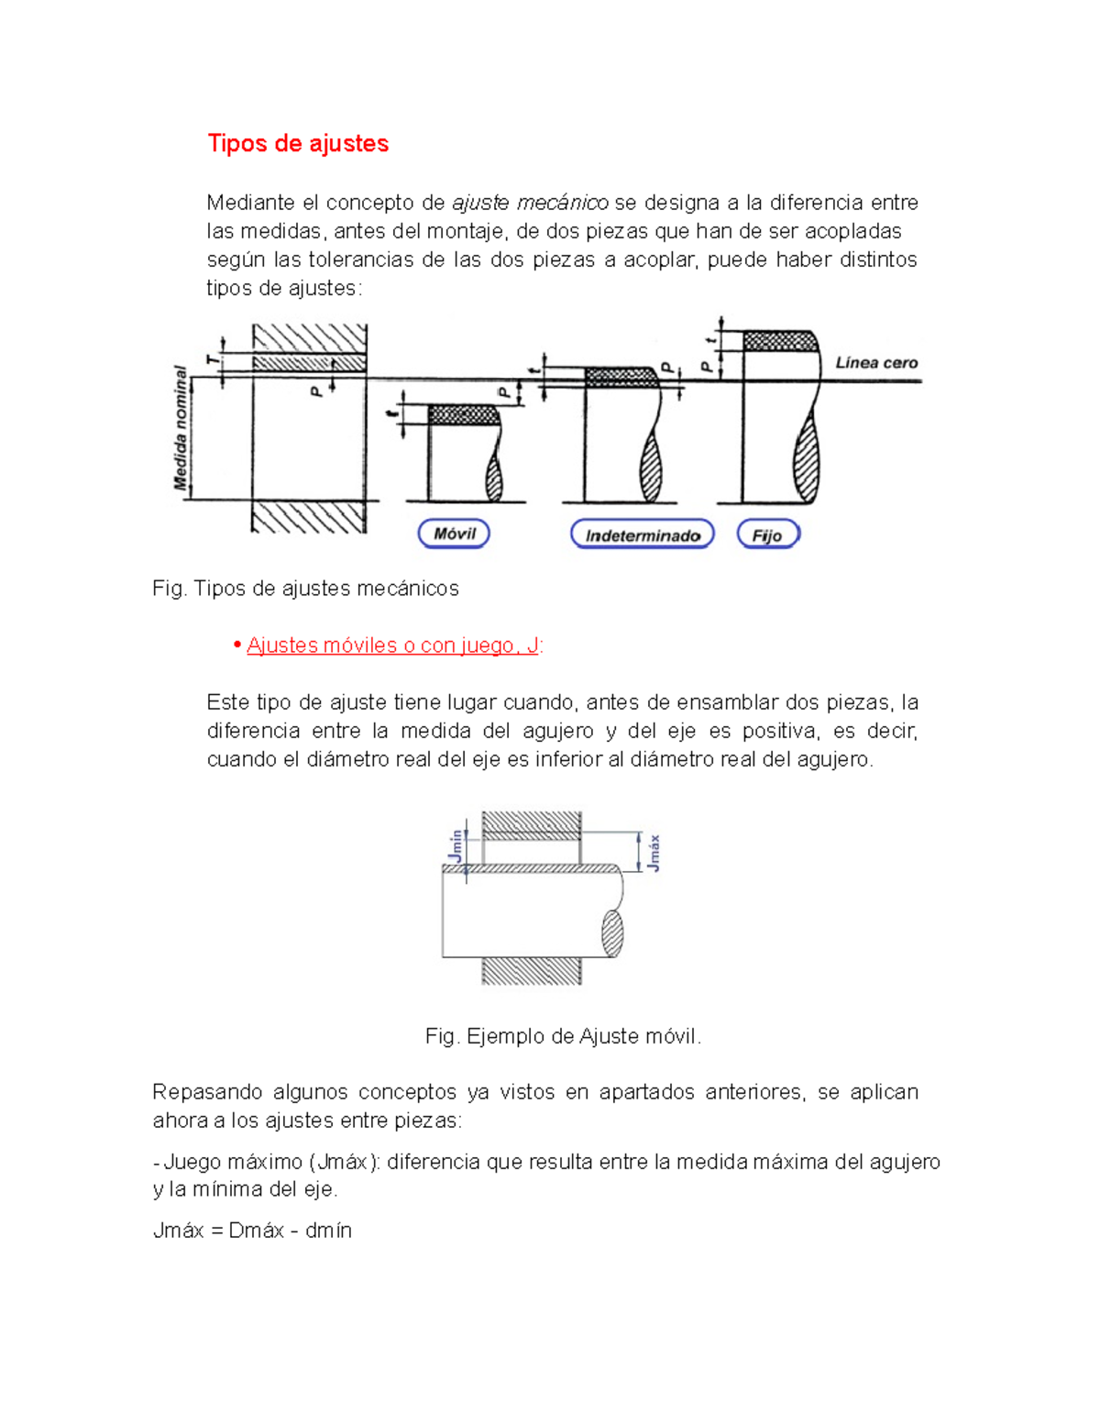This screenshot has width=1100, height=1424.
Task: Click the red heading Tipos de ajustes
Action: [x=298, y=144]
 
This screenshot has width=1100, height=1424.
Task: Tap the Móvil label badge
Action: [x=454, y=534]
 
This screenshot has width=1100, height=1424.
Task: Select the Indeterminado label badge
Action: [x=642, y=535]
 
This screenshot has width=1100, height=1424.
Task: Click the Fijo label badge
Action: [x=767, y=535]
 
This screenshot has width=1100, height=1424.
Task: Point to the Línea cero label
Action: [x=876, y=363]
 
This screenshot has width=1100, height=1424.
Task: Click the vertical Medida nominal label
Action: [x=181, y=427]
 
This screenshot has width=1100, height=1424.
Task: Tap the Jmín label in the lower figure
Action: [x=456, y=846]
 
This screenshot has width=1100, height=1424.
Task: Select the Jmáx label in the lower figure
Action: [x=653, y=853]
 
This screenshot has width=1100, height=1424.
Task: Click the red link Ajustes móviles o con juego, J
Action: [x=392, y=646]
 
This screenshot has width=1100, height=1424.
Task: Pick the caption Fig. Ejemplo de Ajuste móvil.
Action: [x=563, y=1036]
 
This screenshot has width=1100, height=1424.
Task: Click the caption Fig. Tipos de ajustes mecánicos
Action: [x=305, y=589]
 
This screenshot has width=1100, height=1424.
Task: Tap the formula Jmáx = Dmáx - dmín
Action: [x=252, y=1231]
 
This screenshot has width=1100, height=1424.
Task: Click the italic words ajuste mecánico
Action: [x=530, y=203]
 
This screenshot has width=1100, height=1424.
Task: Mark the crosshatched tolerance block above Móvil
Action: [x=464, y=414]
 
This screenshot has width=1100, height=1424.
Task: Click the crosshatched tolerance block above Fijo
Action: [x=779, y=341]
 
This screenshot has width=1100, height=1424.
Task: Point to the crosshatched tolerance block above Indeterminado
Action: [x=621, y=376]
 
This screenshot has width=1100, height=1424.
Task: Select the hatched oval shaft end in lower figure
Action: [x=612, y=933]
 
